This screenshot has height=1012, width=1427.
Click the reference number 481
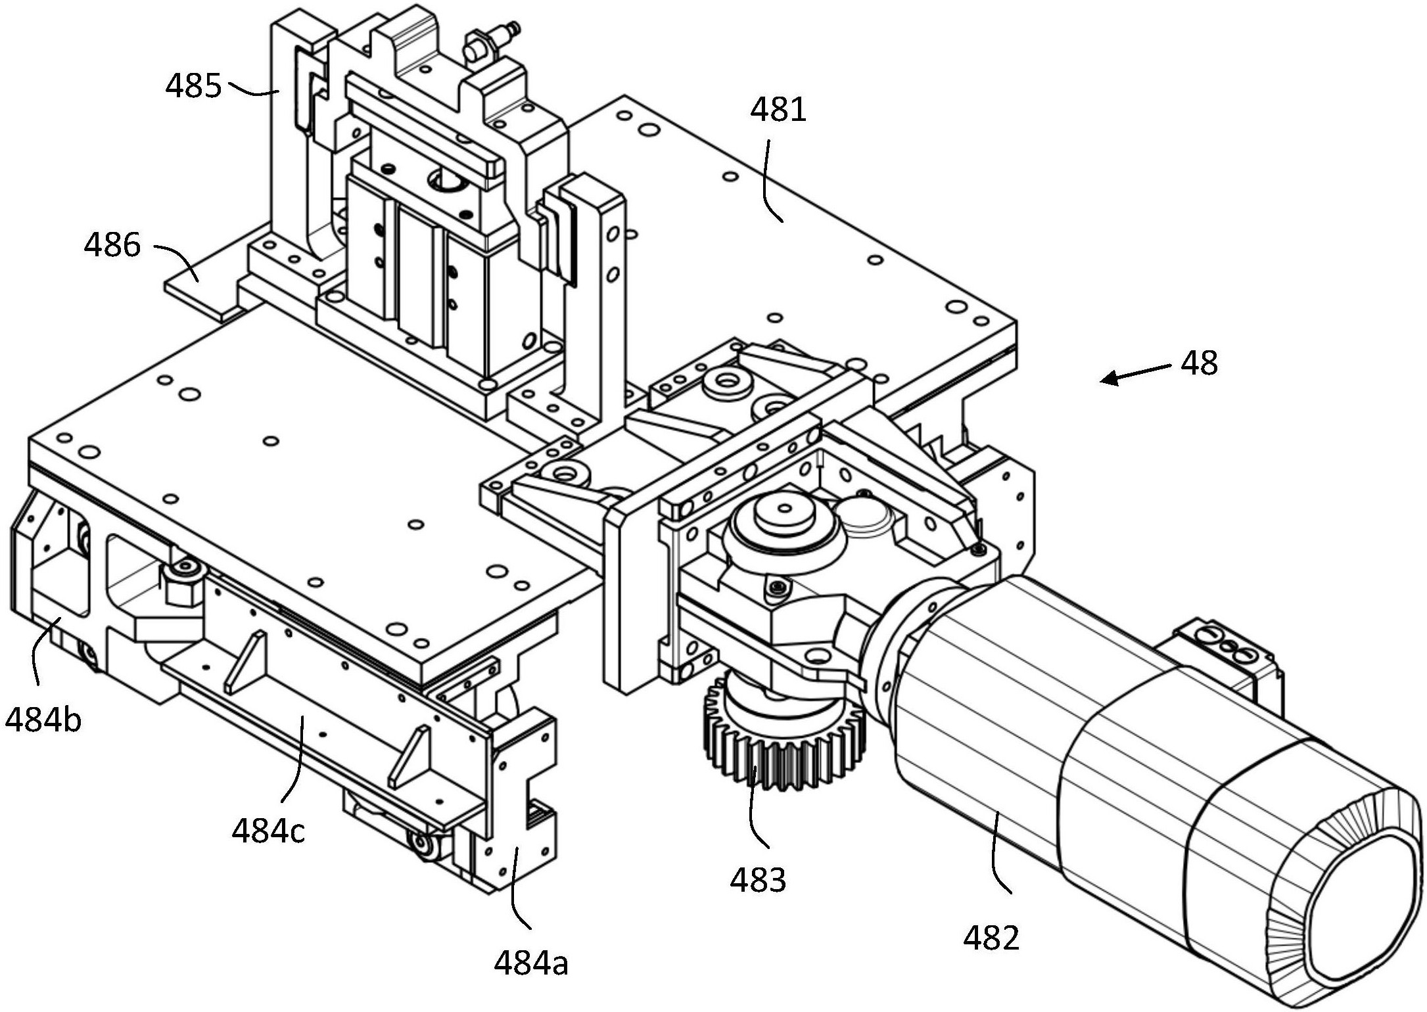pyautogui.click(x=779, y=109)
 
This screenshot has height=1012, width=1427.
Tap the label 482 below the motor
pyautogui.click(x=991, y=937)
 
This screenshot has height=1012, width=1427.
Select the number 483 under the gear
pyautogui.click(x=757, y=879)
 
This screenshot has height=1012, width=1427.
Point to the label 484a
pyautogui.click(x=531, y=963)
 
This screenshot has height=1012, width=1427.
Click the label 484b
pyautogui.click(x=43, y=720)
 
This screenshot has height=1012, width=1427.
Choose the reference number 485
pyautogui.click(x=193, y=85)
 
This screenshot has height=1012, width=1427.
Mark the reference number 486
pyautogui.click(x=112, y=245)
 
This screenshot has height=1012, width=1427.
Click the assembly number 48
pyautogui.click(x=1199, y=363)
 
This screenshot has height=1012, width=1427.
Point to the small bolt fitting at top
pyautogui.click(x=490, y=41)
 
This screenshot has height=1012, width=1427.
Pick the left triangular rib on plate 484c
pyautogui.click(x=245, y=661)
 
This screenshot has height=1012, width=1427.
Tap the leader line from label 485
pyautogui.click(x=253, y=89)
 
